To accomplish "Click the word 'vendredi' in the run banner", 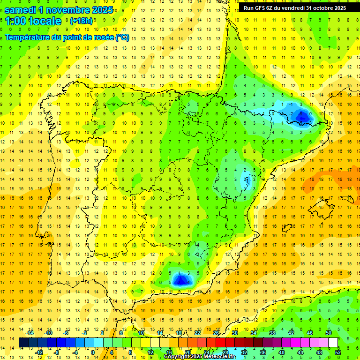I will click(292, 8).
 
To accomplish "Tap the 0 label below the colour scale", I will click(92, 352).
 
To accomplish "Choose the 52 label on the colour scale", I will click(338, 352).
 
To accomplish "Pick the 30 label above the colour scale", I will click(234, 333).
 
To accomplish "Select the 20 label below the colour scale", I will click(187, 352).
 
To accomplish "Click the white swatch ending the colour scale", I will click(333, 343).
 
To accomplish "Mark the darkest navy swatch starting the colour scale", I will click(23, 343).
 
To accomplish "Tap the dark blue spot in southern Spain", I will click(180, 280).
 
